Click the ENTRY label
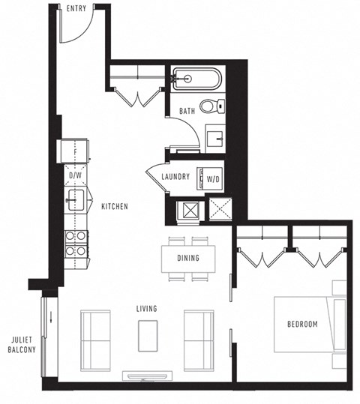click(76, 9)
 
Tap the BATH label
click(187, 112)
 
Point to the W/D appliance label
click(213, 178)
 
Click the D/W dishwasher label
click(75, 175)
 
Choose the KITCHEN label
click(114, 206)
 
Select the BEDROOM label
click(301, 324)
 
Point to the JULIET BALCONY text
click(20, 345)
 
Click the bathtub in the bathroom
click(196, 79)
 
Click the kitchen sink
click(75, 199)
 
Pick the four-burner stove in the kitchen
click(75, 243)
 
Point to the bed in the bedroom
click(307, 324)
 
